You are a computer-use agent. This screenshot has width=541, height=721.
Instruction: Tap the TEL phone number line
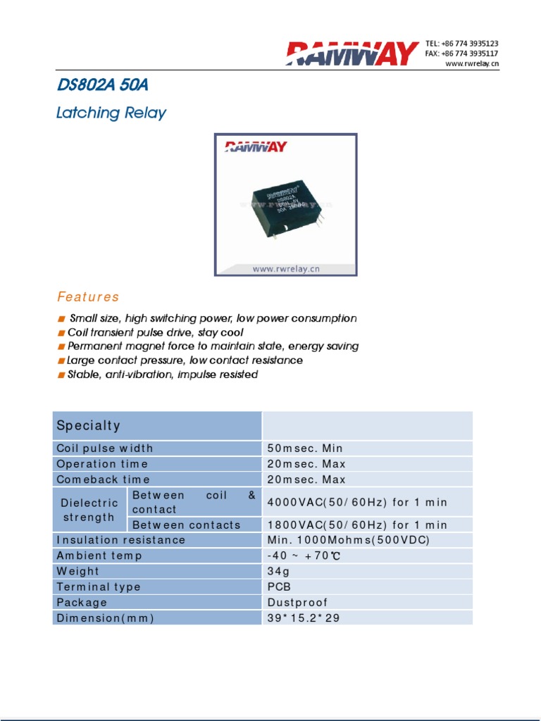point(462,44)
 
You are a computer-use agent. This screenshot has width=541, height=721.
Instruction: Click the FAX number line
point(462,54)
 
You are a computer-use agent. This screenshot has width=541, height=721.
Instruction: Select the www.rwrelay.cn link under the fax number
point(472,64)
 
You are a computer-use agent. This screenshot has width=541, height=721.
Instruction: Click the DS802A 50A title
point(102,86)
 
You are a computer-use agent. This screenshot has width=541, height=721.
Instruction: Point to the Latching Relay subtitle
point(111,113)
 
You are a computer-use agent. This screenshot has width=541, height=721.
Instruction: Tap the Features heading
point(88,297)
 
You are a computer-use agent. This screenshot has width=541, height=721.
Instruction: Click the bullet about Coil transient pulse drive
point(155,332)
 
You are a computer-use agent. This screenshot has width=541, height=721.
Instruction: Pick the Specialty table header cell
point(157,426)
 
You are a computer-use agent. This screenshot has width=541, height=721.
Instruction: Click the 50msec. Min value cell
point(305,449)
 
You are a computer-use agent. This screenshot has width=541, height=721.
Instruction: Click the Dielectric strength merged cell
point(89,510)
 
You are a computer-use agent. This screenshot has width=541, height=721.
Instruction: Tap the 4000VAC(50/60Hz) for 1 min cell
point(357,503)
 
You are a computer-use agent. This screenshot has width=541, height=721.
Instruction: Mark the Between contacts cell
point(187,525)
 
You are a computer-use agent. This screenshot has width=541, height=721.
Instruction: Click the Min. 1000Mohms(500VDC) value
point(349,540)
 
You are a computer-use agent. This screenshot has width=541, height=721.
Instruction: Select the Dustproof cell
point(298,603)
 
